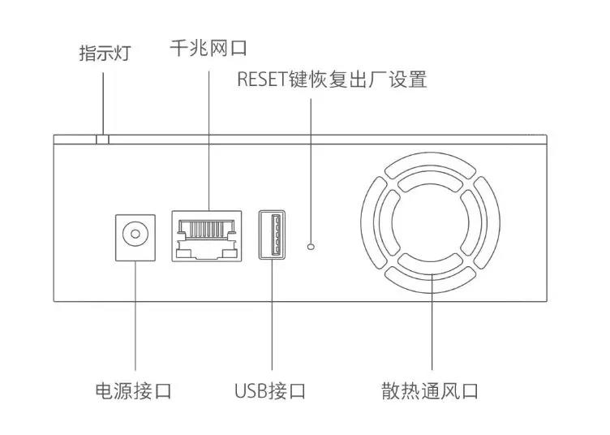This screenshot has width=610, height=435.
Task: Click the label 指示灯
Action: (x=104, y=54)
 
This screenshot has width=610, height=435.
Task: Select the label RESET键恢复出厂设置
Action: (x=332, y=80)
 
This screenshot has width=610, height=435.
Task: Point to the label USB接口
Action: (x=270, y=391)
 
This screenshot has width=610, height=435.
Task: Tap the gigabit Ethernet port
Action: (x=207, y=236)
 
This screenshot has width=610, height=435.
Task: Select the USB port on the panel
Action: (x=272, y=235)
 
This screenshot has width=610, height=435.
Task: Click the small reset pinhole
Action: (x=311, y=244)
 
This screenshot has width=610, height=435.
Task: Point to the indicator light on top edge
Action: (x=102, y=140)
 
